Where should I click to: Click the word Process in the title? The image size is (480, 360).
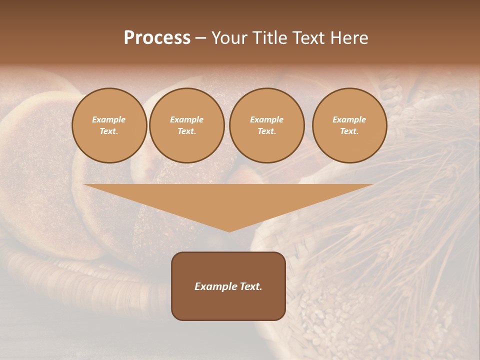(x=157, y=38)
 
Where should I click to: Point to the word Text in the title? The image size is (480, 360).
(x=307, y=38)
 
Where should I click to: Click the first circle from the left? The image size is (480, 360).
(x=109, y=125)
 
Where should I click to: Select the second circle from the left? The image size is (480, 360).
(x=187, y=125)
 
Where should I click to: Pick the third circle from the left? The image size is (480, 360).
(x=266, y=125)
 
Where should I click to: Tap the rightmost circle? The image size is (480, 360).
(x=349, y=125)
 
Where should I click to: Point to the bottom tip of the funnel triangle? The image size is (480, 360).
(x=229, y=231)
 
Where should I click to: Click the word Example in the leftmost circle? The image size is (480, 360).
(x=109, y=120)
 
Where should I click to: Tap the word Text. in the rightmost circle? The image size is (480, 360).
(x=349, y=131)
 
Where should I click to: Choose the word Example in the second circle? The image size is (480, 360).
(x=187, y=120)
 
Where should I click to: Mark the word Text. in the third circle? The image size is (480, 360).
(x=266, y=131)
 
